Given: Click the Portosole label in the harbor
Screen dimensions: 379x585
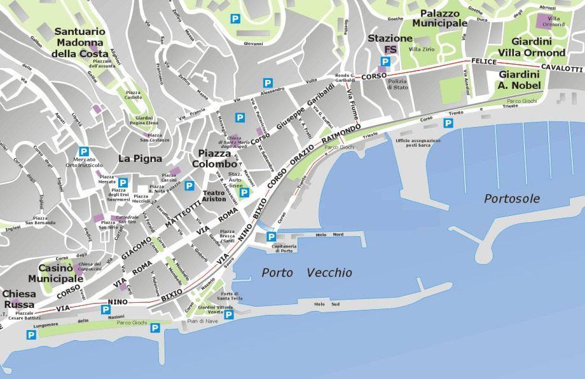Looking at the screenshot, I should (x=511, y=199).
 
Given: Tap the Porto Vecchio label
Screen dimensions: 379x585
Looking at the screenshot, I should (x=306, y=272).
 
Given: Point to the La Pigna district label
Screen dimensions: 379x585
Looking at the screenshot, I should (x=140, y=159).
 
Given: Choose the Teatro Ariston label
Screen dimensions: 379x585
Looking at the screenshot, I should (x=214, y=196).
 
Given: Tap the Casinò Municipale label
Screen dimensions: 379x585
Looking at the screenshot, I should (x=55, y=273).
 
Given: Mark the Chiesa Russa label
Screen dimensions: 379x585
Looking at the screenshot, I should (x=19, y=298).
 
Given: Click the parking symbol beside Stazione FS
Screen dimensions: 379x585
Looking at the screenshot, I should (x=384, y=62).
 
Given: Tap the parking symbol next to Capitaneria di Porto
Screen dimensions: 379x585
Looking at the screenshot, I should (x=270, y=237).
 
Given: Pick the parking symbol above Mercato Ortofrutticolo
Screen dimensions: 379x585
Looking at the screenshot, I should (x=83, y=151).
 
